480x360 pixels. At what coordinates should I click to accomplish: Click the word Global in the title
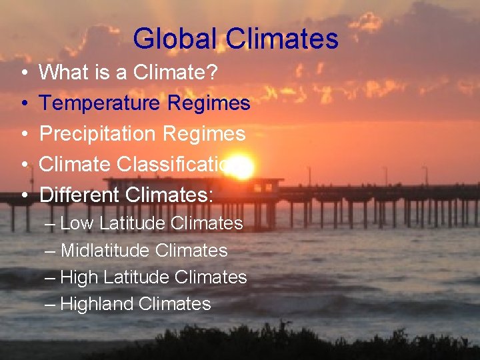[175, 39]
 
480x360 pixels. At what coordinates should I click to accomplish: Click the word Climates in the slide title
[282, 39]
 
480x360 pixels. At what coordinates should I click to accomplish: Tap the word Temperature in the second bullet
[100, 103]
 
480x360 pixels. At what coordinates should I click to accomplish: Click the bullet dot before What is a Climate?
[24, 73]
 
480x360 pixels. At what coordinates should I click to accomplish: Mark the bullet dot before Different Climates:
[24, 195]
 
